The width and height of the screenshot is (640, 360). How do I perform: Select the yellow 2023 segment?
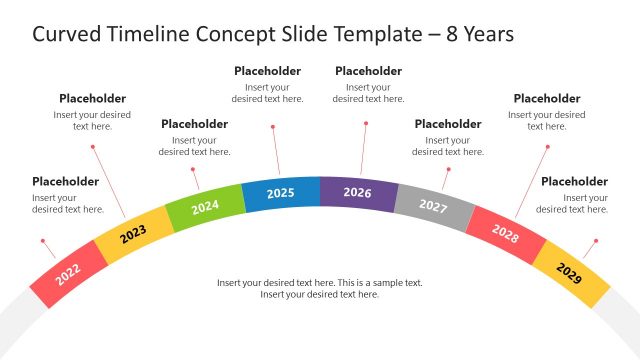133,232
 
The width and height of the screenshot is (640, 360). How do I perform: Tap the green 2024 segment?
204,207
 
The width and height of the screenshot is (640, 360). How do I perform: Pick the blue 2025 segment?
281,193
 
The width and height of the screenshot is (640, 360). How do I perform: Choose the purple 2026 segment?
357,192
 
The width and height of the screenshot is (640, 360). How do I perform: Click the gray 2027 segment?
432,206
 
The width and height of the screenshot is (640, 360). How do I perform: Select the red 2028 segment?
505,234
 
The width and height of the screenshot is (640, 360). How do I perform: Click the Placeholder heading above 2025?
268,71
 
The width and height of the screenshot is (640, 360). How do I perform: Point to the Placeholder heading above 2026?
368,71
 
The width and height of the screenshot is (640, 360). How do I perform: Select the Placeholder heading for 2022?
66,182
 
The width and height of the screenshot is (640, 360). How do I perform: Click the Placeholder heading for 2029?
574,182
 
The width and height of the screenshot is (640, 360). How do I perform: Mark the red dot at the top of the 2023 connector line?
93,147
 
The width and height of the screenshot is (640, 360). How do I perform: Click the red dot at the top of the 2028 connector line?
548,147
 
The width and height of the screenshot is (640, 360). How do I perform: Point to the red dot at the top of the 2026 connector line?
366,124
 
